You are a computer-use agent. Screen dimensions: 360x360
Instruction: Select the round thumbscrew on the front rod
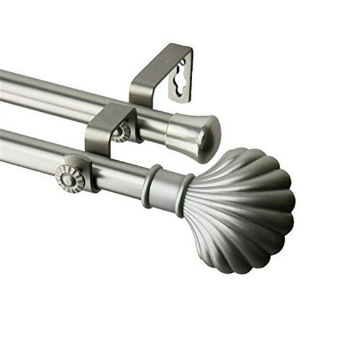click(69, 178)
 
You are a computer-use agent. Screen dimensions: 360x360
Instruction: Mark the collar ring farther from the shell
click(151, 186)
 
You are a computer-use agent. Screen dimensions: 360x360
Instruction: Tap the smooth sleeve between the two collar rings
click(167, 190)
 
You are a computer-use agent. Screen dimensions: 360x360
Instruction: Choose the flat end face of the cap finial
click(210, 139)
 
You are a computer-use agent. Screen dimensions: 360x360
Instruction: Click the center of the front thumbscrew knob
click(68, 178)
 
